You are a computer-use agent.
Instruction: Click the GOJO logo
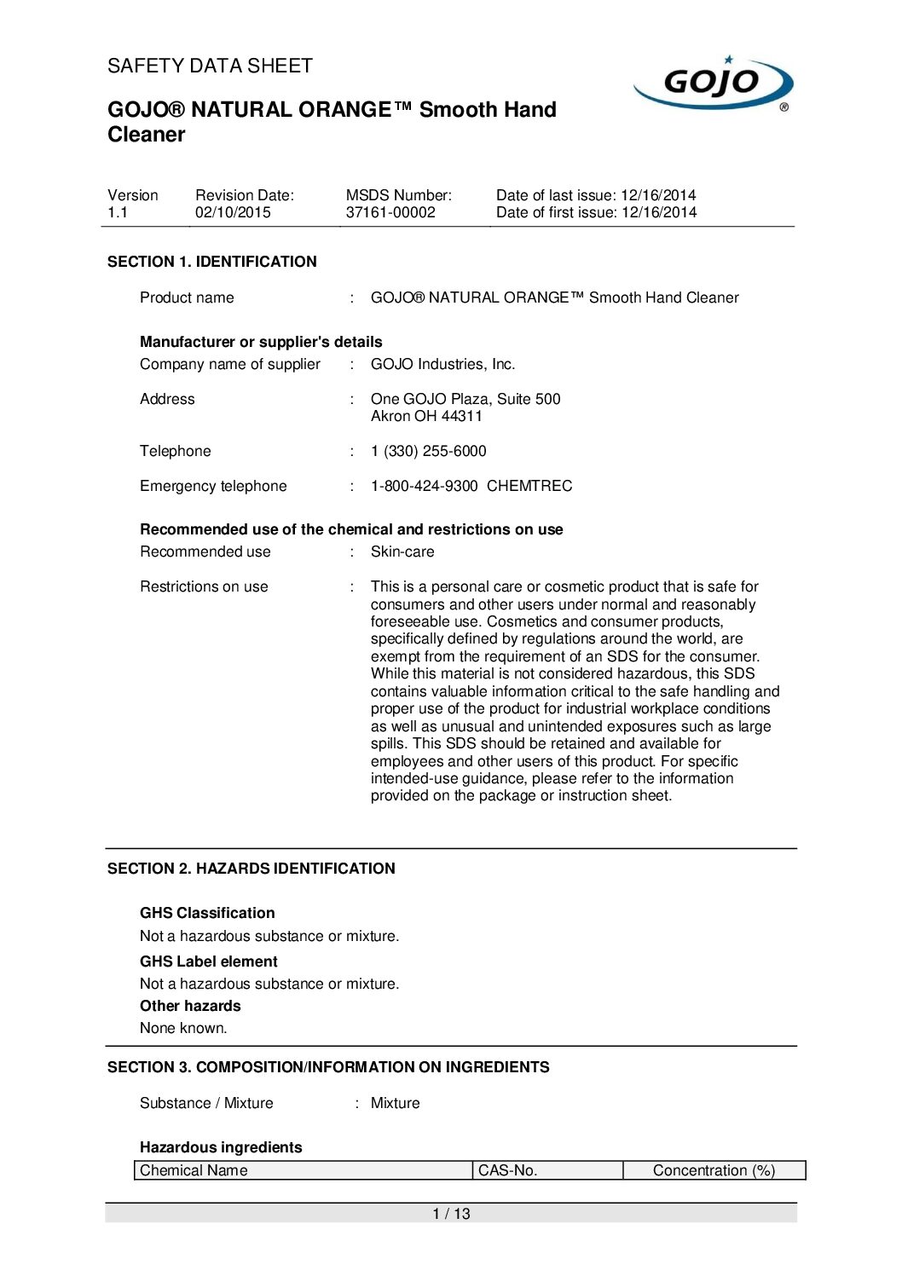[713, 84]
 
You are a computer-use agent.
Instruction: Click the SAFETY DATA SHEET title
[210, 66]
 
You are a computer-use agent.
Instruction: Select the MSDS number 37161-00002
[390, 212]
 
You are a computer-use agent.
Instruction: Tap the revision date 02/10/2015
[233, 212]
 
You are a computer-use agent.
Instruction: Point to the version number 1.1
[118, 212]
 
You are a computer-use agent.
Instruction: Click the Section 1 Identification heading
[211, 262]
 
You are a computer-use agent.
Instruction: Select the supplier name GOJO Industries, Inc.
[442, 364]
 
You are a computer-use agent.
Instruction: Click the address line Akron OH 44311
[426, 416]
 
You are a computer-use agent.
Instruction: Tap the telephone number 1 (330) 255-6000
[428, 451]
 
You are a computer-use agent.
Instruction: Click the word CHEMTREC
[529, 486]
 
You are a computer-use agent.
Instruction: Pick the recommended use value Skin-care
[402, 551]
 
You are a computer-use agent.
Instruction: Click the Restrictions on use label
[204, 586]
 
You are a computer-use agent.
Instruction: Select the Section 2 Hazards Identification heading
[251, 869]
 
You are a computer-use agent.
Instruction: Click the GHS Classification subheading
[207, 913]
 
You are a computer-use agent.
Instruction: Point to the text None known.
[183, 1028]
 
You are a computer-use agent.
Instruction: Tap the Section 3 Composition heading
[328, 1067]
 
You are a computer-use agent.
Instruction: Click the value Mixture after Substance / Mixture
[395, 1103]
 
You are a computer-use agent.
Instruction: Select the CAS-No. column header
[508, 1170]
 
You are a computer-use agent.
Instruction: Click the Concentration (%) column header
[714, 1170]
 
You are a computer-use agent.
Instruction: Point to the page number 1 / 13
[451, 1214]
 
